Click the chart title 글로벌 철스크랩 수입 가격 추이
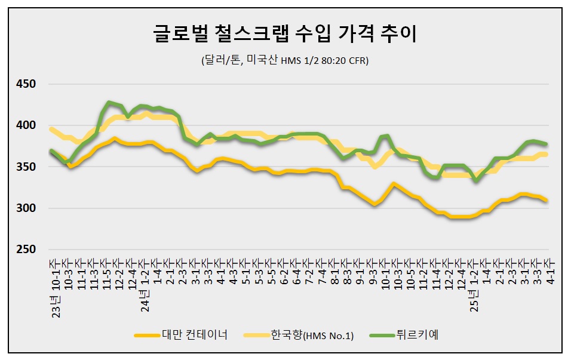[x=284, y=35]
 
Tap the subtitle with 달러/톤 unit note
[x=284, y=61]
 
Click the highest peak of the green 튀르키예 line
[x=109, y=103]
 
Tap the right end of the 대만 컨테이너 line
[x=546, y=200]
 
